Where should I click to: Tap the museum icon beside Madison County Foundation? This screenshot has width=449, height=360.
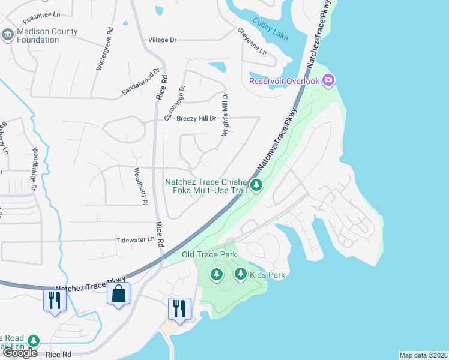[x=8, y=35]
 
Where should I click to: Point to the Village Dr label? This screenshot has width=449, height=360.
[x=163, y=40]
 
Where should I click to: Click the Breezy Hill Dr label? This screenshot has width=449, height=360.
[x=196, y=118]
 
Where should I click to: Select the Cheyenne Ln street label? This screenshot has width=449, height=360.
[x=251, y=41]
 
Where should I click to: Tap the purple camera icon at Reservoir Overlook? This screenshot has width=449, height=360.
[x=328, y=80]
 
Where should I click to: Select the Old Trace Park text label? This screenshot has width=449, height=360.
[x=209, y=255]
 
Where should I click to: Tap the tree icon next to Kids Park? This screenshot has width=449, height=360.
[x=240, y=275]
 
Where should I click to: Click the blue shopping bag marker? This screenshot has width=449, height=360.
[x=118, y=294]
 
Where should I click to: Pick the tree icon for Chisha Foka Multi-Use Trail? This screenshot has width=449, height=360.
[x=256, y=185]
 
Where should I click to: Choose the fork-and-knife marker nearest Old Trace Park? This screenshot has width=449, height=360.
[x=179, y=308]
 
